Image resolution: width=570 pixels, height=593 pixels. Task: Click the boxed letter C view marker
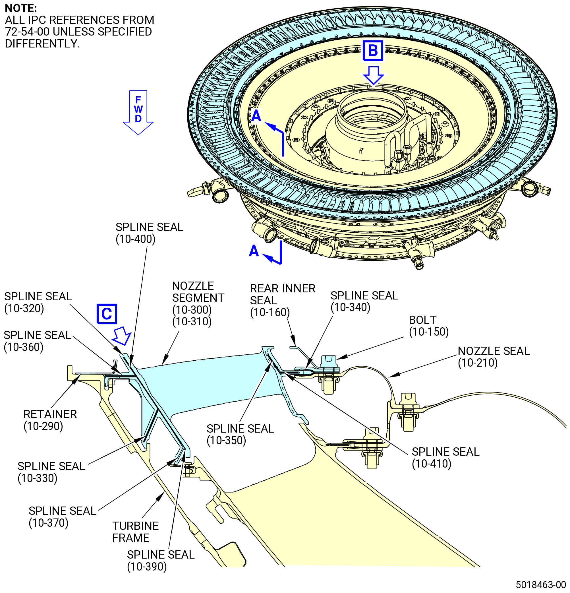click(x=107, y=314)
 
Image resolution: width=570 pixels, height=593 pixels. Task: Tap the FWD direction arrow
click(x=138, y=112)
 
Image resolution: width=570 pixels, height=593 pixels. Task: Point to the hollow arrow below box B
click(x=374, y=75)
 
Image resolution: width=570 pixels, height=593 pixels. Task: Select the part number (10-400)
click(x=136, y=239)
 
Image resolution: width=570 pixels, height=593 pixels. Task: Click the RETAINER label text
click(x=50, y=414)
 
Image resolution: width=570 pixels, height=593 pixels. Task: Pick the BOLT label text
click(x=422, y=320)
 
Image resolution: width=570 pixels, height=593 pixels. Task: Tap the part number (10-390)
click(x=147, y=567)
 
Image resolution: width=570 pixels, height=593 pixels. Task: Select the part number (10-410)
click(x=432, y=464)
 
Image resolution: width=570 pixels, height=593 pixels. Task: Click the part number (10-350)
click(x=227, y=440)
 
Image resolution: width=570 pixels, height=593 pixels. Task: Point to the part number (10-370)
click(x=49, y=522)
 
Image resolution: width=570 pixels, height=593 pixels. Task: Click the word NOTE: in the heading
click(x=21, y=8)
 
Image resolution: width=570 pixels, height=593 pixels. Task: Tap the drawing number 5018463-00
click(x=541, y=584)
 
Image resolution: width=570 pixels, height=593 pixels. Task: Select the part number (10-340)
click(x=351, y=307)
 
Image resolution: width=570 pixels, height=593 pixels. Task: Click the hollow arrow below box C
click(x=122, y=336)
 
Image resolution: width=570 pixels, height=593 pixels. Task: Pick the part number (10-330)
click(x=38, y=478)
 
